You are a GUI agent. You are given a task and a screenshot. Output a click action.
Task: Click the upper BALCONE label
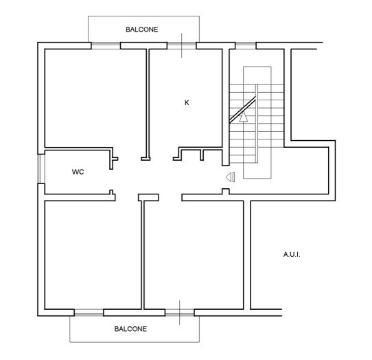tap(142, 30)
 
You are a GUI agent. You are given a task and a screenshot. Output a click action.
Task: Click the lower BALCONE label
tap(130, 329)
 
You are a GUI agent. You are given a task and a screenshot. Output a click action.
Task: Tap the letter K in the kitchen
tap(187, 102)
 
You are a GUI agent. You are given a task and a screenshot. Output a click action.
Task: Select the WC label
tap(78, 172)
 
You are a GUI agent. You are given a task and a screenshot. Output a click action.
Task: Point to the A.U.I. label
tap(292, 255)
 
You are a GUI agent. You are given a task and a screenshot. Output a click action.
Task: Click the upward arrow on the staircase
tap(244, 117)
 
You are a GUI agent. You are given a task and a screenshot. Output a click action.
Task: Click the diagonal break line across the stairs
tap(242, 109)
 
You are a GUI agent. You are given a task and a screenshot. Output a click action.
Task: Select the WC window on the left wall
tap(41, 169)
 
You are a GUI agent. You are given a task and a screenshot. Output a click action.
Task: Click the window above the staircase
tap(246, 45)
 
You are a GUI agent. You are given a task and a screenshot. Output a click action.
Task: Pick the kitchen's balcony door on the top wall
tap(182, 45)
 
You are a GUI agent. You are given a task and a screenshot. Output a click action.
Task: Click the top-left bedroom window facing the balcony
tap(106, 45)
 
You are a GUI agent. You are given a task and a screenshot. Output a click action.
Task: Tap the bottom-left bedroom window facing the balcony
tap(89, 313)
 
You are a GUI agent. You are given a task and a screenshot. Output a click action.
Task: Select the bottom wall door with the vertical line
tap(180, 313)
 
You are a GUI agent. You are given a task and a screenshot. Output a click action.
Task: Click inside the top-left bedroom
tap(95, 98)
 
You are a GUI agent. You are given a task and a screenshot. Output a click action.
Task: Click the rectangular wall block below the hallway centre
tap(148, 198)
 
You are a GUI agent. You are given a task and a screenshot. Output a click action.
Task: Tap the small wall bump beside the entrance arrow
tap(226, 192)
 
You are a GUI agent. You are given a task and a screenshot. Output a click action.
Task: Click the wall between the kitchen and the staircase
tap(226, 107)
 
